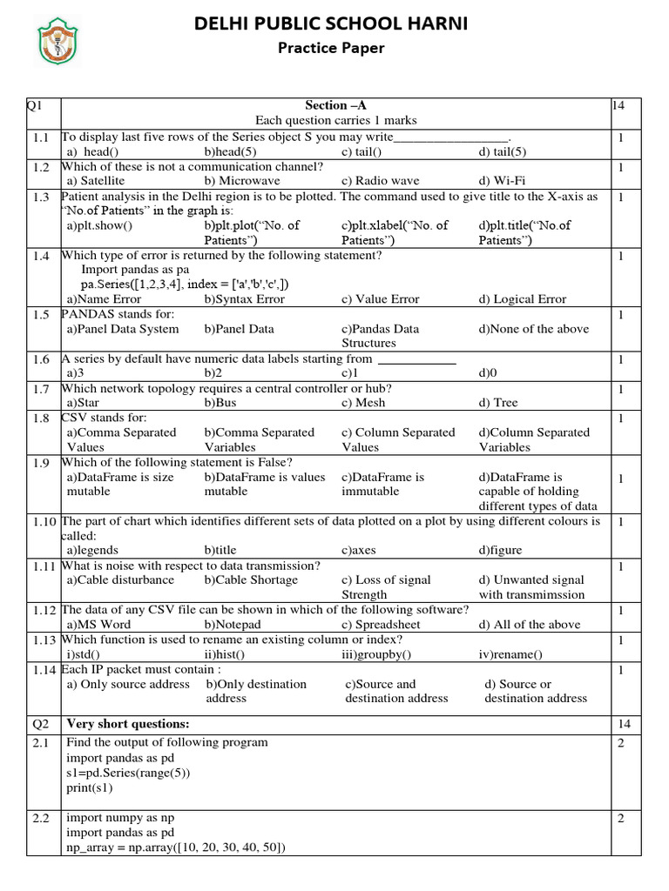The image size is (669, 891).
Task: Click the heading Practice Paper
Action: [x=330, y=48]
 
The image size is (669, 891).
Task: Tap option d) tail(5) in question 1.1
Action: [x=503, y=151]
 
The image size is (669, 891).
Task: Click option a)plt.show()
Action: [x=99, y=225]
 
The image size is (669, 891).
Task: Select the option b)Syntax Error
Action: [x=245, y=299]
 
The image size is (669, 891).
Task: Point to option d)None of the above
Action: [x=534, y=329]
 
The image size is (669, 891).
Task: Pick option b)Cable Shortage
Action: [x=251, y=579]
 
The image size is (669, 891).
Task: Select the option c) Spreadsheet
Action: [x=381, y=625]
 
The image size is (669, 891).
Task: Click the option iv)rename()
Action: [x=510, y=654]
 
